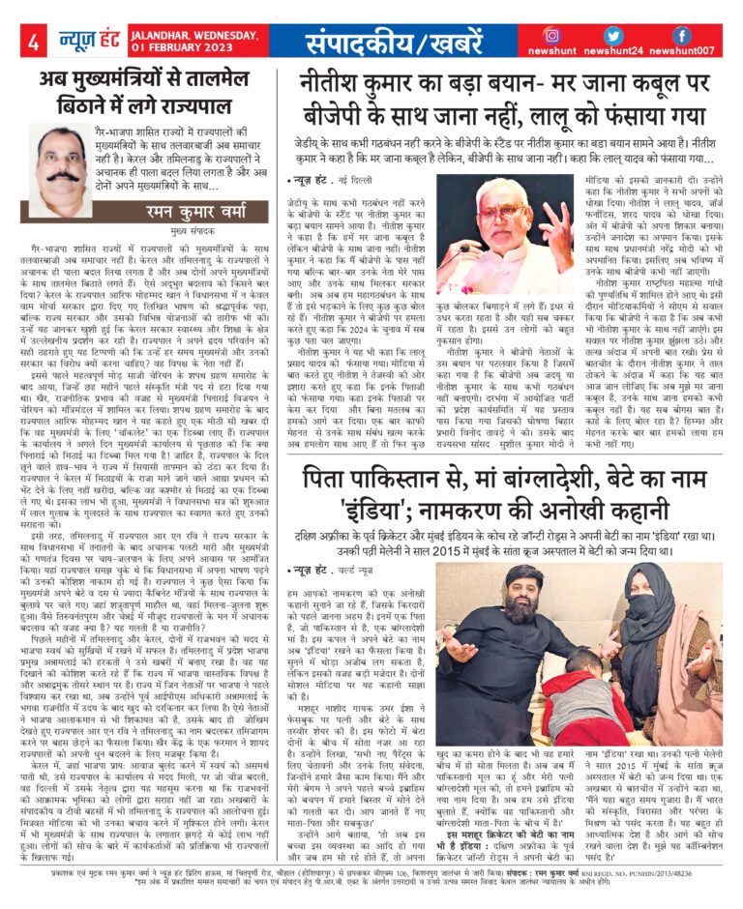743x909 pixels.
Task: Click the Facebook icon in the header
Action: [x=680, y=35]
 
